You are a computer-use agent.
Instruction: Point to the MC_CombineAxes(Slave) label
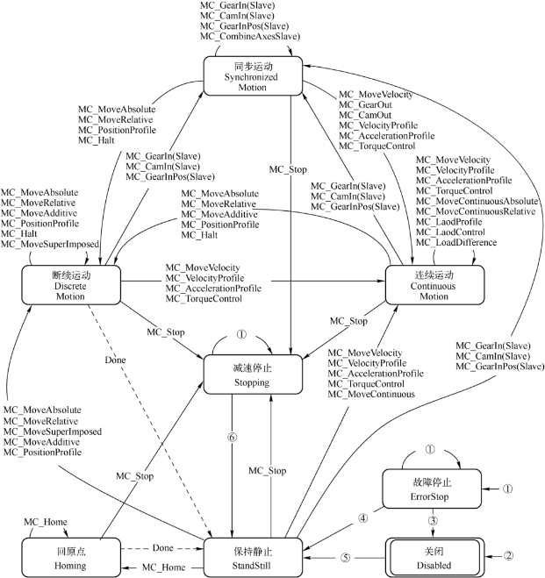click(x=249, y=36)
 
